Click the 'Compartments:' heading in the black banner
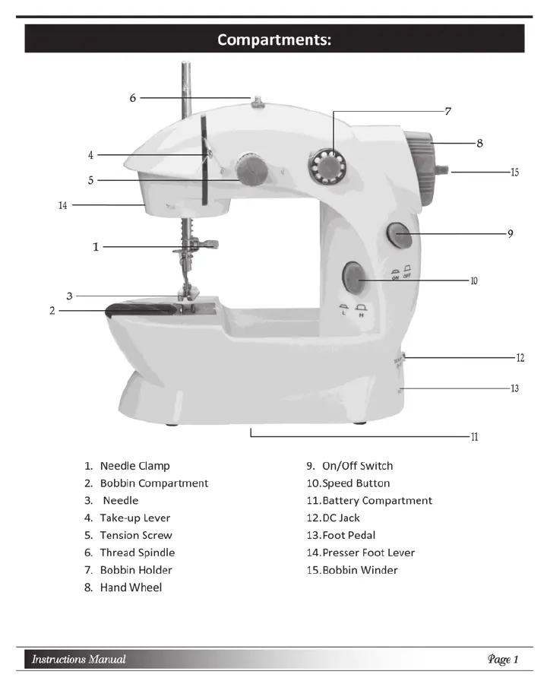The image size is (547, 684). coord(274,40)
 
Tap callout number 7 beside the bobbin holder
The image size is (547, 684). coord(448,112)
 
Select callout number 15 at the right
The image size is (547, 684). coord(514,173)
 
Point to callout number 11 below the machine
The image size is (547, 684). coord(473,437)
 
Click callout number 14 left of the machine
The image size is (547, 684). coord(63,205)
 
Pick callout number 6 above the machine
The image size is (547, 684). coord(132,97)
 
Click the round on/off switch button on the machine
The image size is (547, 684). coord(400,236)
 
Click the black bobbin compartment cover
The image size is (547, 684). coord(141,309)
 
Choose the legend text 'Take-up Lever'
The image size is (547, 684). coord(135,518)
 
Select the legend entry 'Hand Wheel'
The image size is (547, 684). coord(131,587)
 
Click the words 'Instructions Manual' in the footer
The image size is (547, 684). coord(79,659)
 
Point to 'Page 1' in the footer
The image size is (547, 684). coord(503,659)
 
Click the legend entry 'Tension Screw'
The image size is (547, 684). coord(136,536)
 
